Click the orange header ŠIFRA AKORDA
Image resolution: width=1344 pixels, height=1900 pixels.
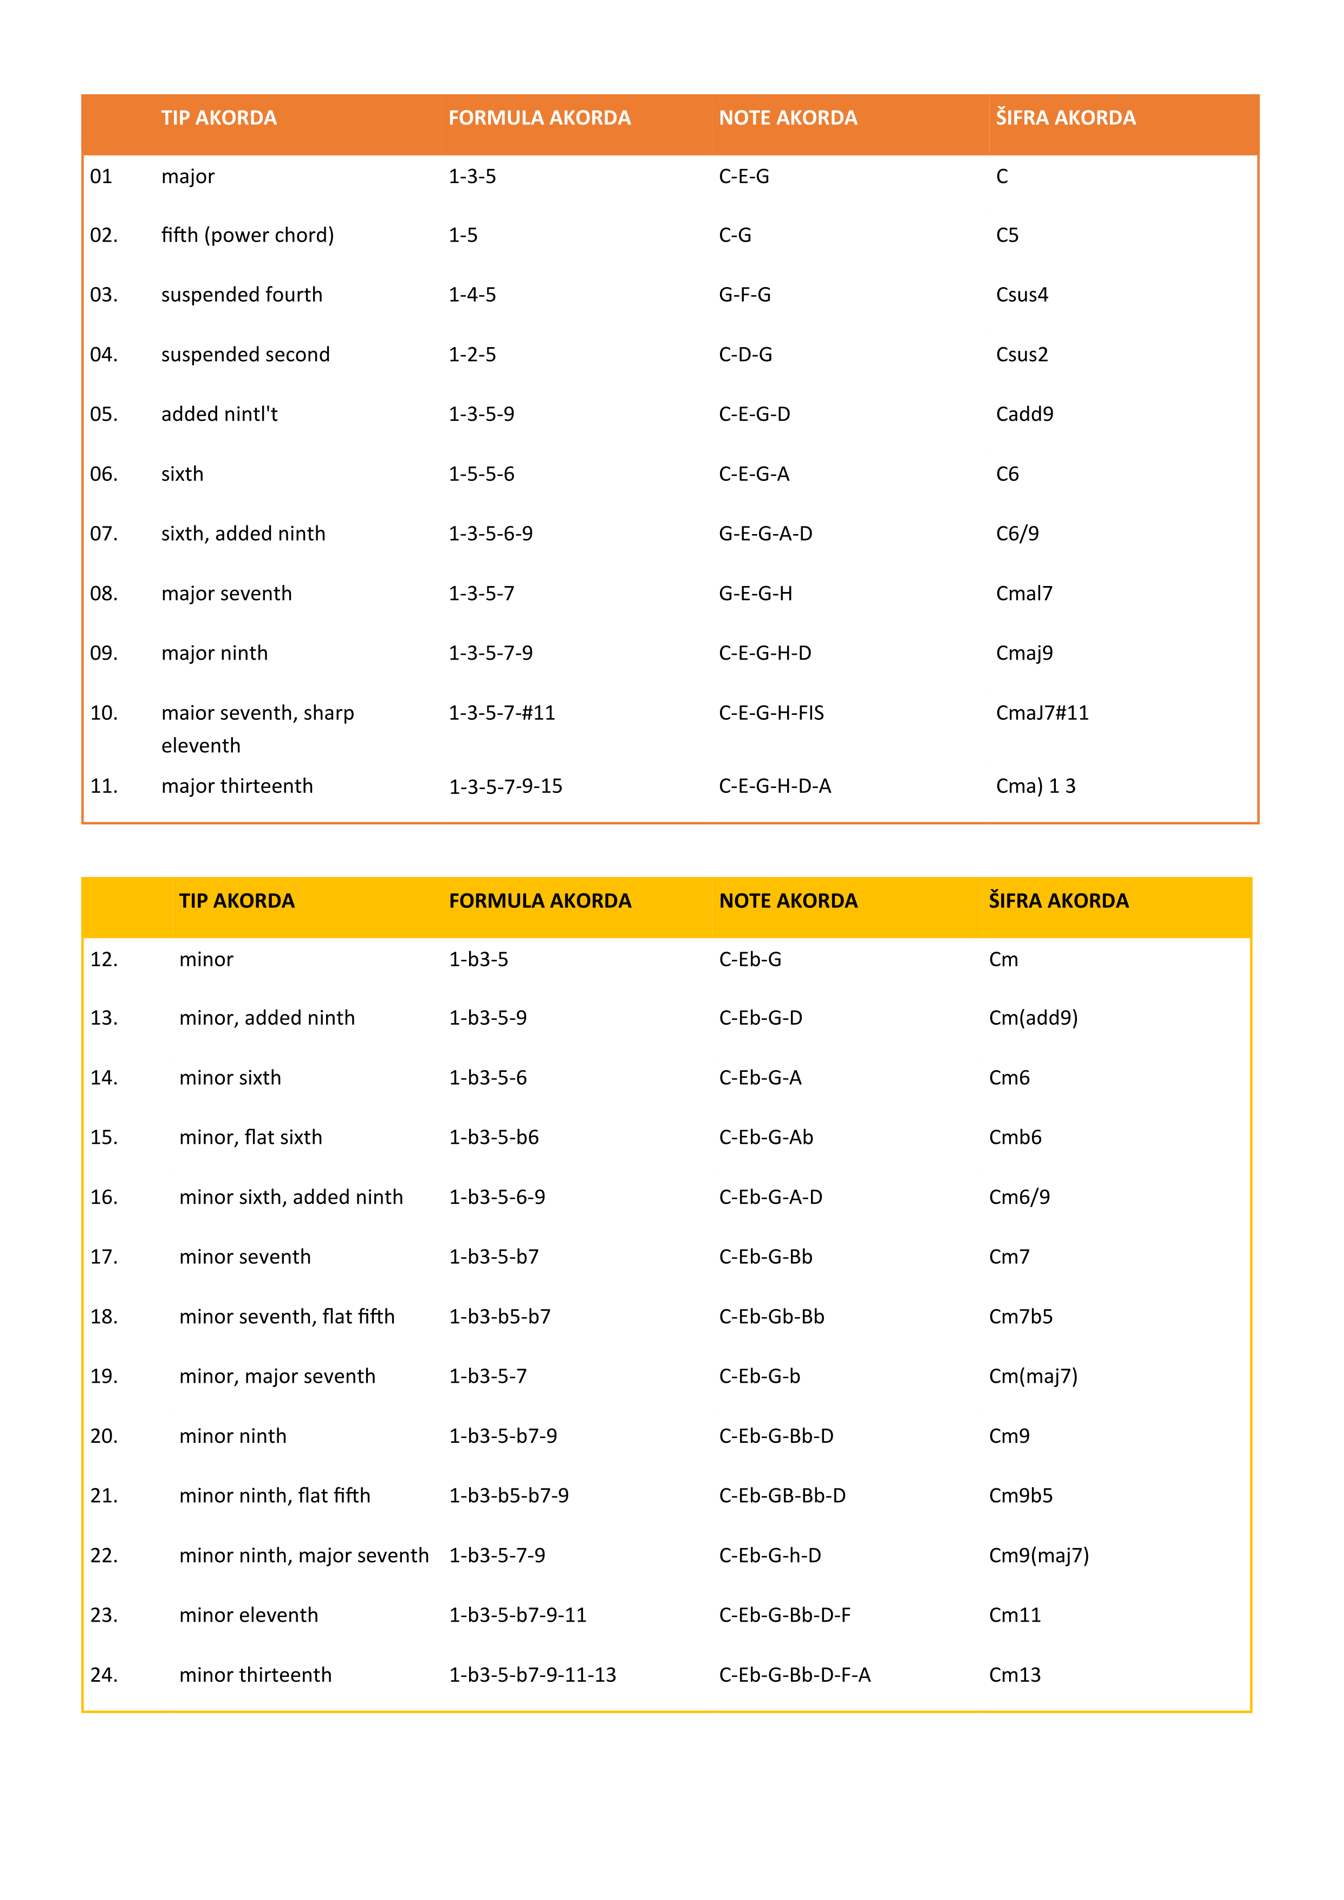pyautogui.click(x=1065, y=118)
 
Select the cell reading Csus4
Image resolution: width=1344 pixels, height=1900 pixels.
pyautogui.click(x=1021, y=295)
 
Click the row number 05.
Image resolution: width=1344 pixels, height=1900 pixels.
pyautogui.click(x=103, y=414)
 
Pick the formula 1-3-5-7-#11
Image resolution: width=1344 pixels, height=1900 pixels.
pyautogui.click(x=502, y=713)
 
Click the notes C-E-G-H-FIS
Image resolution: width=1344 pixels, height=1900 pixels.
pyautogui.click(x=771, y=713)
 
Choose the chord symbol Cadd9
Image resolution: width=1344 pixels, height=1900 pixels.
pyautogui.click(x=1024, y=414)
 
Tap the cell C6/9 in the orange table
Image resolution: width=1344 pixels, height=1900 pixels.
pyautogui.click(x=1017, y=533)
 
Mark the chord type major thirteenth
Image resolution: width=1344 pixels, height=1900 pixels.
pyautogui.click(x=237, y=786)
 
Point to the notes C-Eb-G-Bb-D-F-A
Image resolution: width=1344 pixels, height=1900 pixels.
pyautogui.click(x=795, y=1675)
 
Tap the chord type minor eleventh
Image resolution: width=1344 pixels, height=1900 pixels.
pyautogui.click(x=248, y=1615)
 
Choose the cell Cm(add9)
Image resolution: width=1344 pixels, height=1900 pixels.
pyautogui.click(x=1033, y=1018)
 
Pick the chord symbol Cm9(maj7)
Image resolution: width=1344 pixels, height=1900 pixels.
pyautogui.click(x=1038, y=1556)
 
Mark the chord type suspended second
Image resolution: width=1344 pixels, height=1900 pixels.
pyautogui.click(x=245, y=355)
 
